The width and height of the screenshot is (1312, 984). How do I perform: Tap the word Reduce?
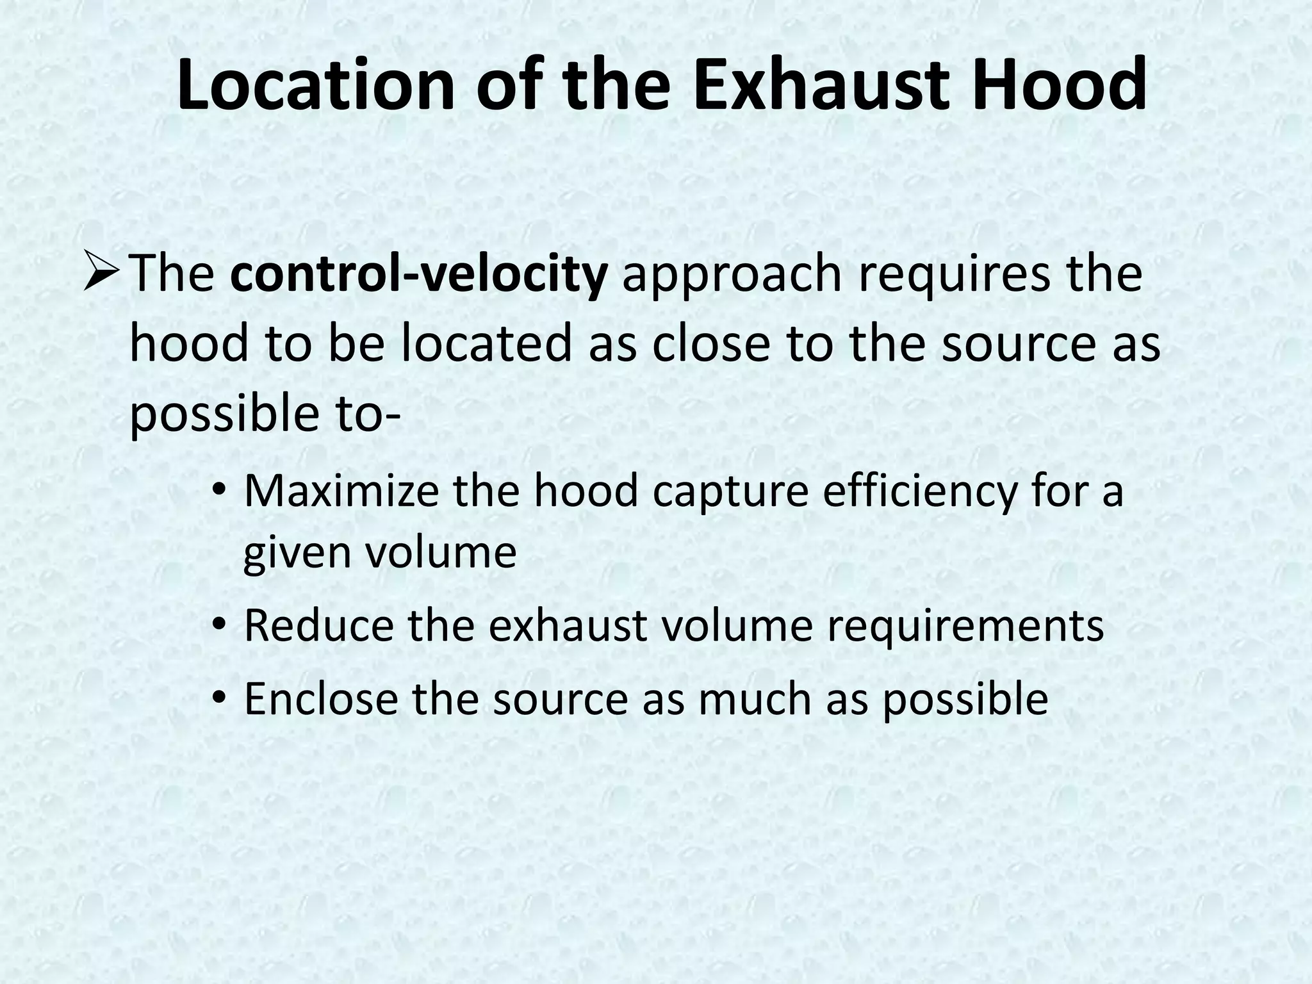tap(318, 625)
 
